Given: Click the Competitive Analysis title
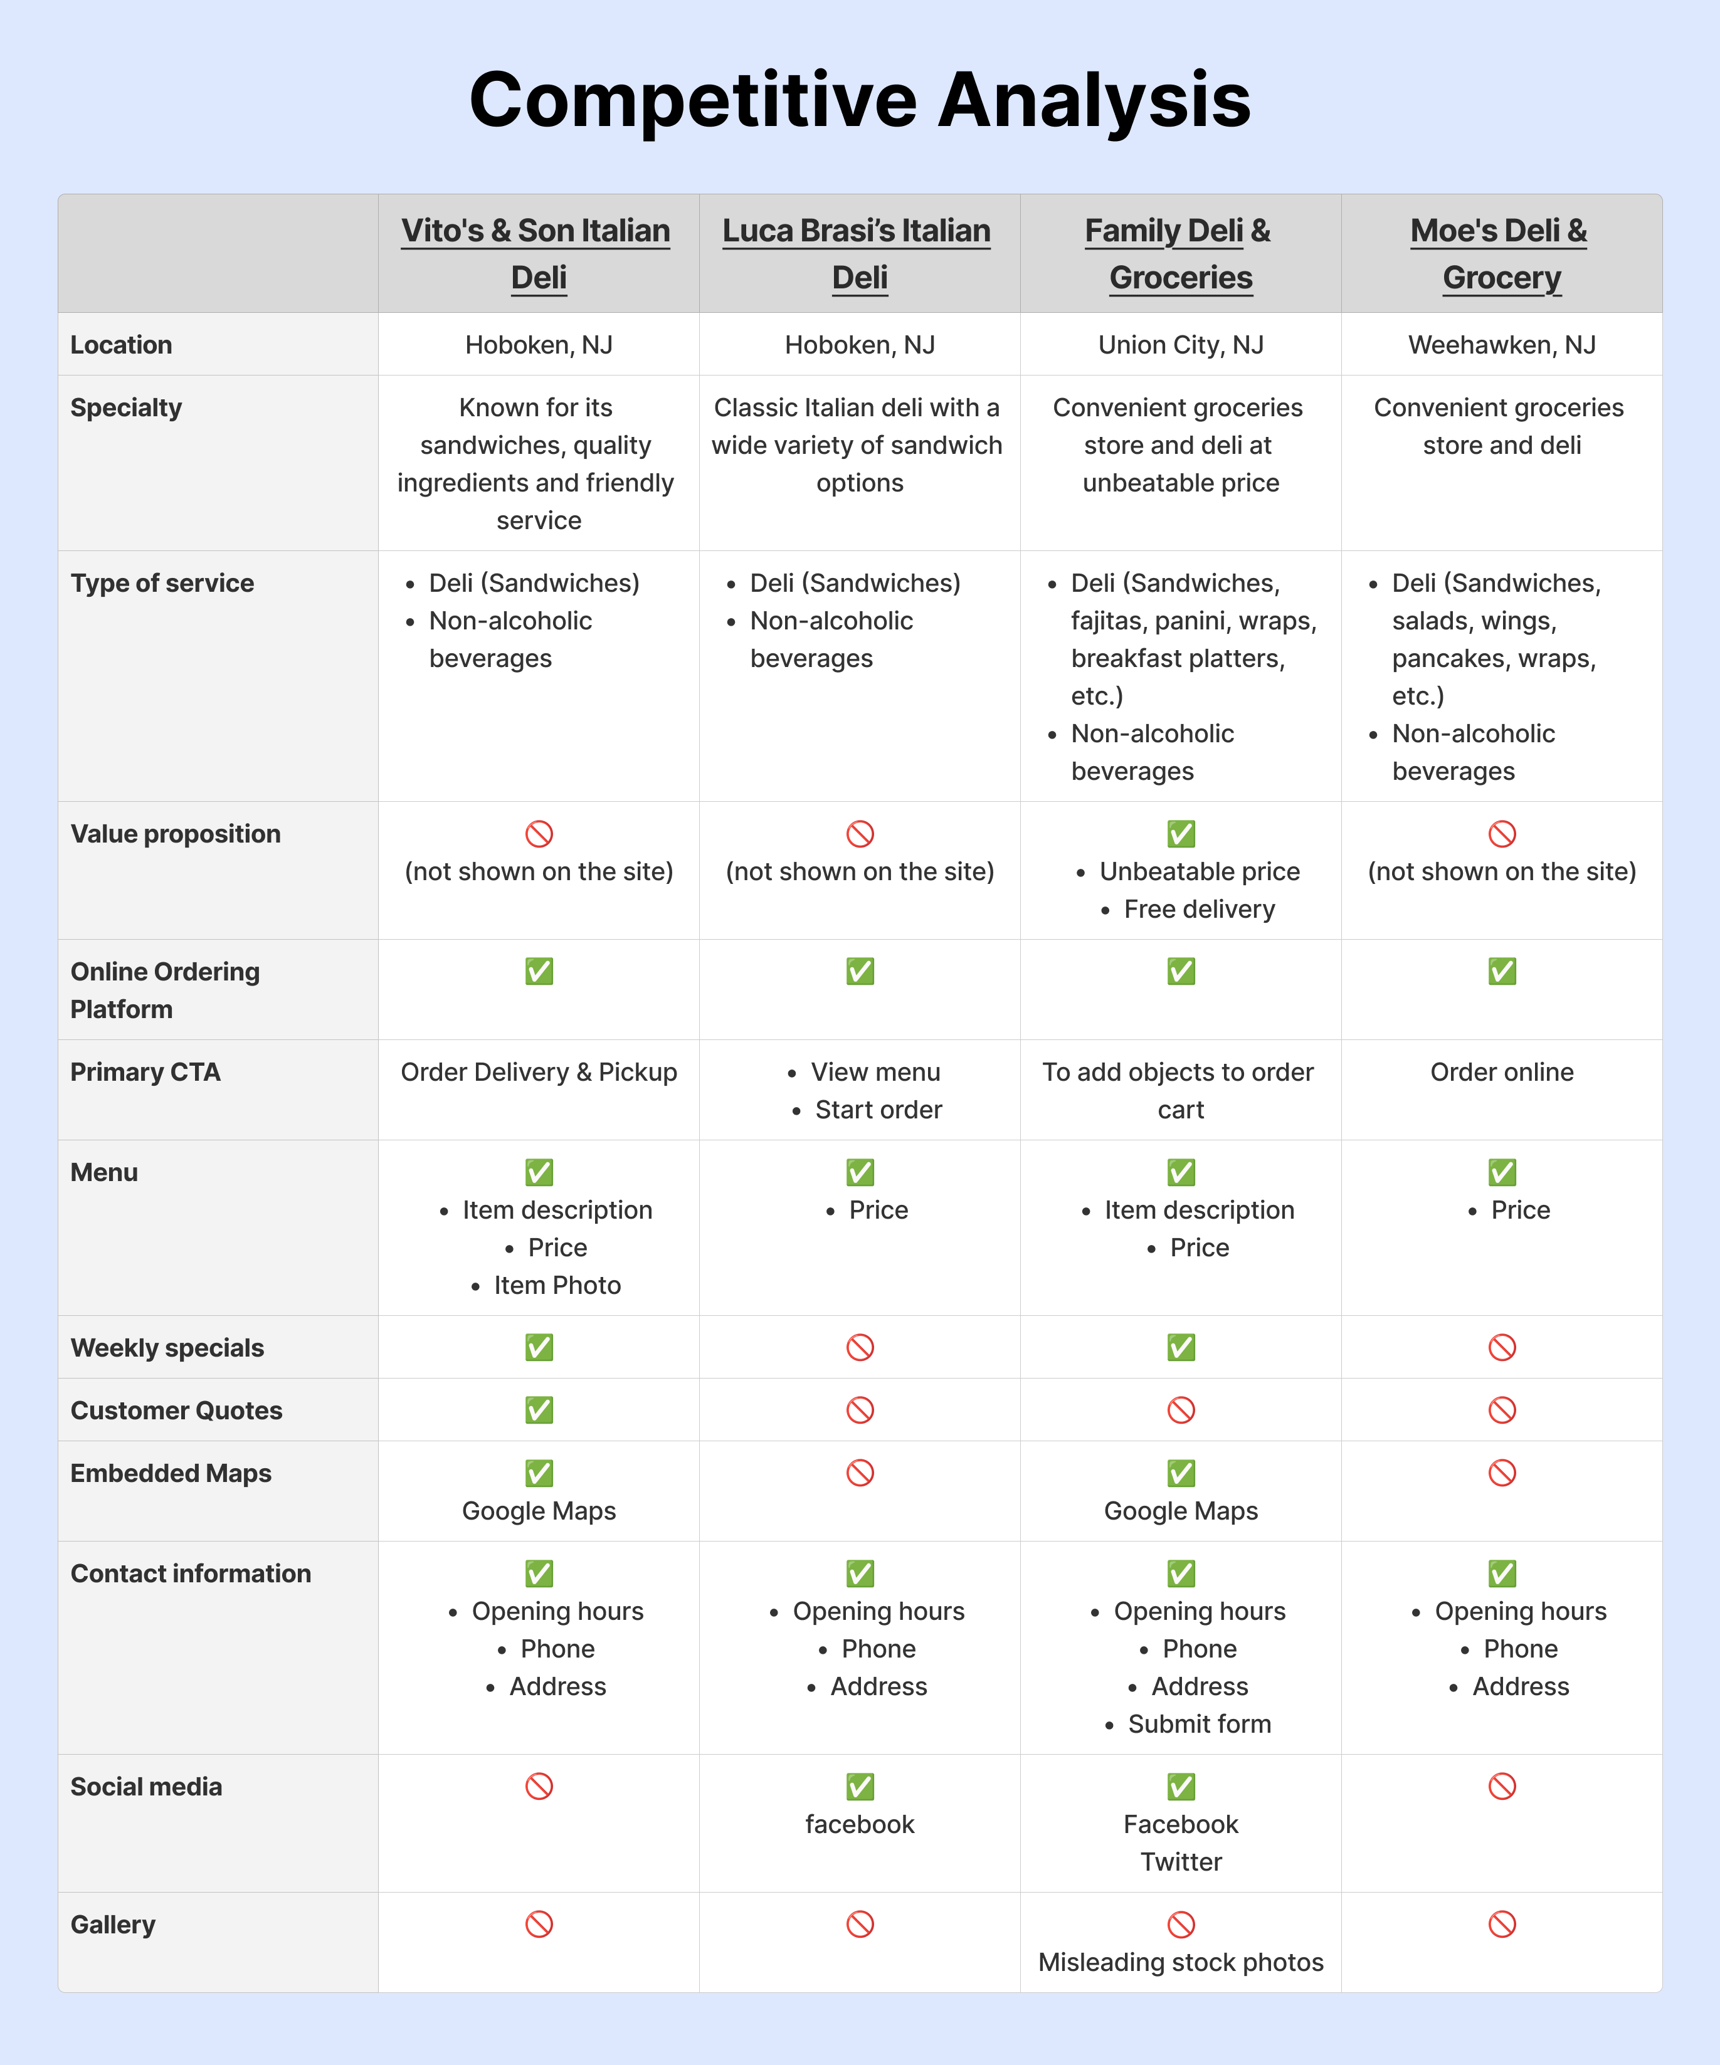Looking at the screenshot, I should click(x=860, y=100).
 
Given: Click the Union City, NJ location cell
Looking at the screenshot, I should click(x=1180, y=345).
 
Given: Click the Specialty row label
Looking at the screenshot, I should click(x=126, y=408).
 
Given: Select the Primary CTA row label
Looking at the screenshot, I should click(x=145, y=1072).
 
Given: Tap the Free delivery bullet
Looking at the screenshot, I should click(x=1199, y=910).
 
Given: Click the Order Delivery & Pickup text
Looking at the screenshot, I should click(x=539, y=1072).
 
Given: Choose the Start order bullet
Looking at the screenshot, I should click(x=878, y=1110).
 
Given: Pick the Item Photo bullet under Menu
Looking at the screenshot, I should click(x=557, y=1285).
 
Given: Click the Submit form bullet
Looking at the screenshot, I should click(x=1199, y=1724).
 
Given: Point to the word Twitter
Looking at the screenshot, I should click(x=1180, y=1861).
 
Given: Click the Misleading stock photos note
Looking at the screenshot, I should click(x=1180, y=1962).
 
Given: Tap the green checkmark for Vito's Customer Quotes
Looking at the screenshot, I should click(x=539, y=1410).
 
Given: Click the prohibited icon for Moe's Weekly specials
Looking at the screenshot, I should click(x=1502, y=1347).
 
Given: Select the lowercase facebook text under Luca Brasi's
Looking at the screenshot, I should click(x=860, y=1824).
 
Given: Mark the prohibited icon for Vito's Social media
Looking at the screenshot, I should click(x=539, y=1786).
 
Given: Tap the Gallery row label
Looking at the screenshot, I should click(x=113, y=1925).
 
